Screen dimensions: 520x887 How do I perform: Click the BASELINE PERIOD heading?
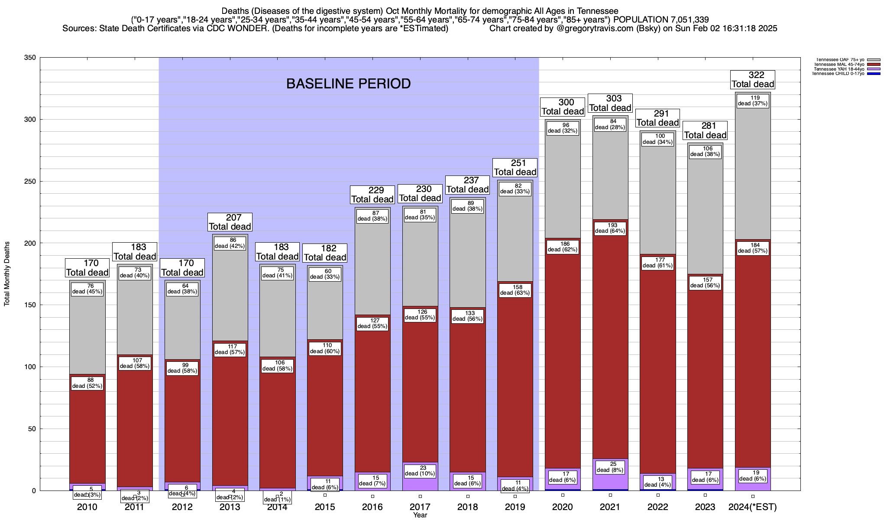(x=348, y=84)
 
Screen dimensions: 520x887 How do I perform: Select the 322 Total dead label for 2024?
(x=753, y=80)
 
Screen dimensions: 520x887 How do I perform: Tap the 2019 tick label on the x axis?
(x=515, y=507)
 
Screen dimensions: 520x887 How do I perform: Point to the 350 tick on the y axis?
(x=30, y=58)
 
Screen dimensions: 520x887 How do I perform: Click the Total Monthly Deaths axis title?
(x=7, y=274)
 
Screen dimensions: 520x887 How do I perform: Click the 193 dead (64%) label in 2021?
(x=610, y=228)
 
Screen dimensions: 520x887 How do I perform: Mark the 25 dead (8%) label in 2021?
(x=610, y=467)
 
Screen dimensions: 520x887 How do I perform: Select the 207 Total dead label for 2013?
(x=230, y=222)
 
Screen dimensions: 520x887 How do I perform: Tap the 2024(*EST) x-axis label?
(x=753, y=507)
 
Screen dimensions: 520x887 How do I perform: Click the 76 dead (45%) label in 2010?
(x=87, y=289)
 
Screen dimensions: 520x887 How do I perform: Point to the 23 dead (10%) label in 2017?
(x=420, y=471)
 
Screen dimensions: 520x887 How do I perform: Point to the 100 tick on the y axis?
(x=30, y=367)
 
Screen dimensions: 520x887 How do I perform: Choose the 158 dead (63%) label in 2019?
(x=515, y=290)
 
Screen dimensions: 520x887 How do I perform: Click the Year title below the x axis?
(x=420, y=515)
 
